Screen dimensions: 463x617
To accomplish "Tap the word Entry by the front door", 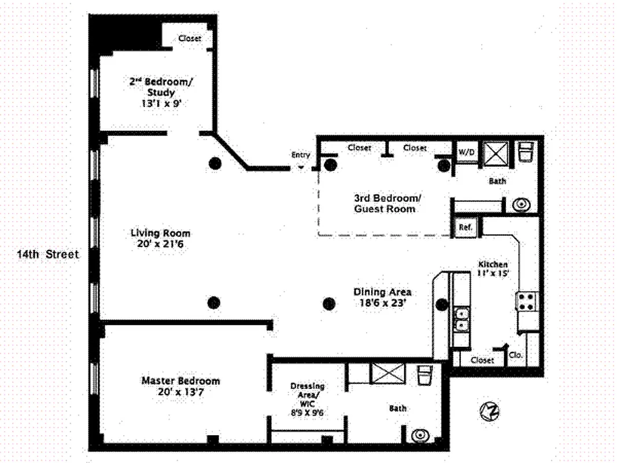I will pos(301,155).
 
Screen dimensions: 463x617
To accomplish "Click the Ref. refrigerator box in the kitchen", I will pos(466,227).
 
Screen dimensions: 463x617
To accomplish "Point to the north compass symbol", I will pos(489,411).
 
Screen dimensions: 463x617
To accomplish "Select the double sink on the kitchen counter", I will pos(461,319).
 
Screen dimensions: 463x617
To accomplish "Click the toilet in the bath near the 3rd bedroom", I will pos(526,153).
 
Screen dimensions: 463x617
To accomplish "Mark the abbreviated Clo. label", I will pos(516,355).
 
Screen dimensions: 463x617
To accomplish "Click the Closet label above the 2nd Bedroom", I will pos(190,39).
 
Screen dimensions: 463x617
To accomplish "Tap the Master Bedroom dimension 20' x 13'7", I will pos(180,392).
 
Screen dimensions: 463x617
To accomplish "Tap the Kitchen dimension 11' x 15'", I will pos(493,273).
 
